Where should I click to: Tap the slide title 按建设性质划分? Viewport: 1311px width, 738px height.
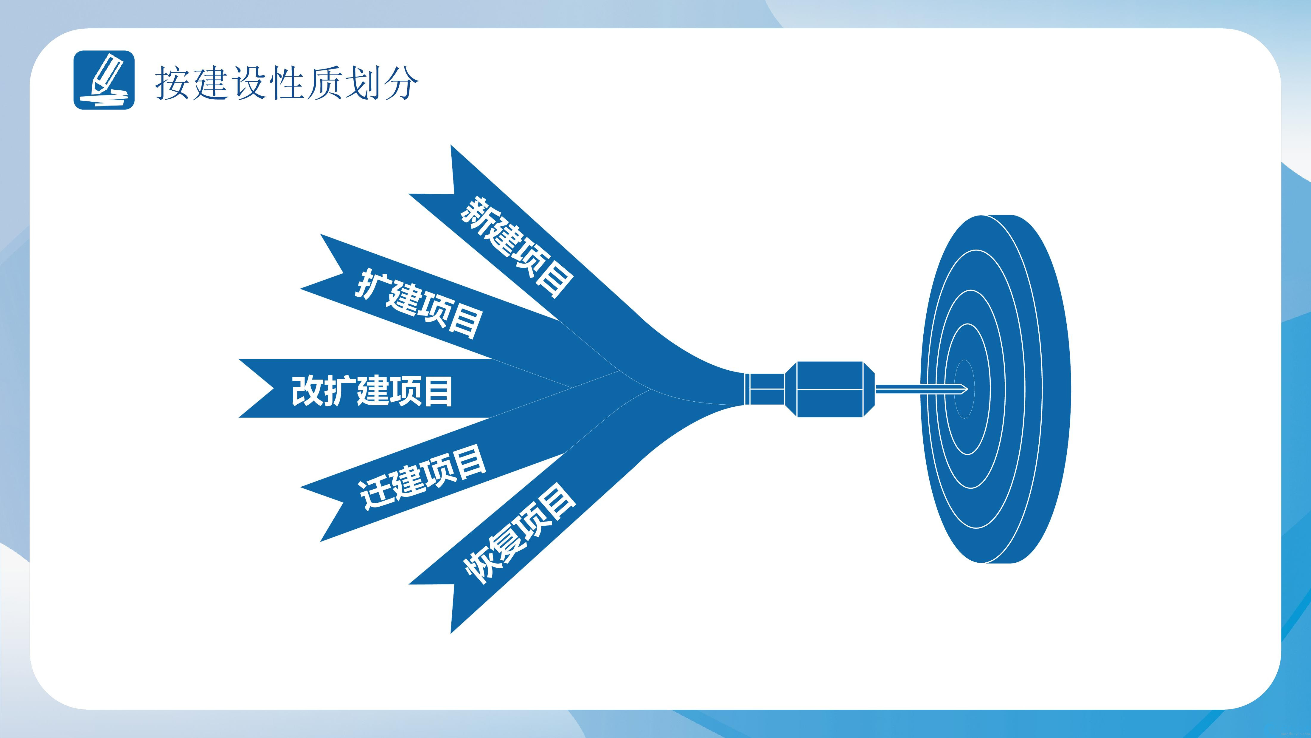coord(287,83)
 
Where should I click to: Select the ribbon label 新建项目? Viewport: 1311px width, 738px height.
coord(517,247)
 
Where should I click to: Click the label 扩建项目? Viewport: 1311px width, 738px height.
coord(418,304)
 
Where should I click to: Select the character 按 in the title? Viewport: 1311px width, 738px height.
coord(172,83)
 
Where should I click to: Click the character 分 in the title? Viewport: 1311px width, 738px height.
coord(401,83)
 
